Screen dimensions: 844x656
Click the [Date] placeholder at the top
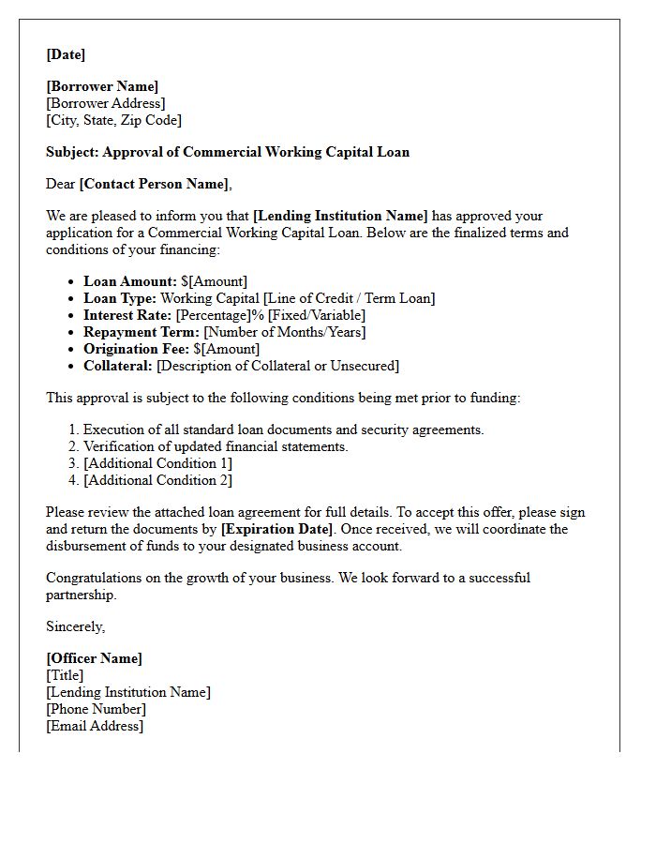pyautogui.click(x=66, y=54)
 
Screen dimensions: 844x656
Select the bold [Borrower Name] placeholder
pyautogui.click(x=102, y=86)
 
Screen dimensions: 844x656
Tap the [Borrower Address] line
pyautogui.click(x=105, y=103)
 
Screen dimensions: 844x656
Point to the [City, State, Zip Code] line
pyautogui.click(x=113, y=120)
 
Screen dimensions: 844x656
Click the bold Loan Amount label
pyautogui.click(x=129, y=281)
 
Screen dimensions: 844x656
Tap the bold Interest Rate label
pyautogui.click(x=127, y=315)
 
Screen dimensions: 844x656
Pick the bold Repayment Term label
pyautogui.click(x=141, y=332)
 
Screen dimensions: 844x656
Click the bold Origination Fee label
pyautogui.click(x=136, y=349)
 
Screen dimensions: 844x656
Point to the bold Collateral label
pyautogui.click(x=118, y=366)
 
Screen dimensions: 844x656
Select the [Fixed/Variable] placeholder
pyautogui.click(x=316, y=315)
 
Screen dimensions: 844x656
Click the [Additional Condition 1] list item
pyautogui.click(x=157, y=463)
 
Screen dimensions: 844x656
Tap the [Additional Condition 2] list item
pyautogui.click(x=157, y=480)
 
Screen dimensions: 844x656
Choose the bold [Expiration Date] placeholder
pyautogui.click(x=276, y=529)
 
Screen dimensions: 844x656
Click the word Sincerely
pyautogui.click(x=76, y=626)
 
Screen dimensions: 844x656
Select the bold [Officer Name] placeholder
pyautogui.click(x=94, y=658)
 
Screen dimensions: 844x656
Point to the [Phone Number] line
pyautogui.click(x=96, y=709)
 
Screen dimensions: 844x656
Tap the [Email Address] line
pyautogui.click(x=95, y=726)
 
